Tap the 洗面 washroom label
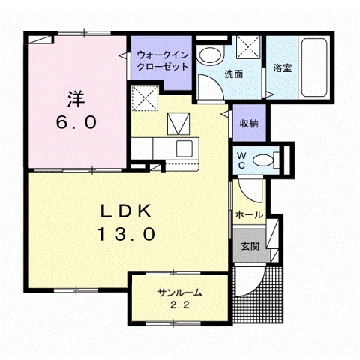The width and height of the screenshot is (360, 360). [233, 74]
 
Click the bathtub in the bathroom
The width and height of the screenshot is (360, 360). [314, 67]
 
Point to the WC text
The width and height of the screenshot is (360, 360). [242, 159]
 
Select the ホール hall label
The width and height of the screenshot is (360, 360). [249, 215]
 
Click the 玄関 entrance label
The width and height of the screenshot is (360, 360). [250, 245]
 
